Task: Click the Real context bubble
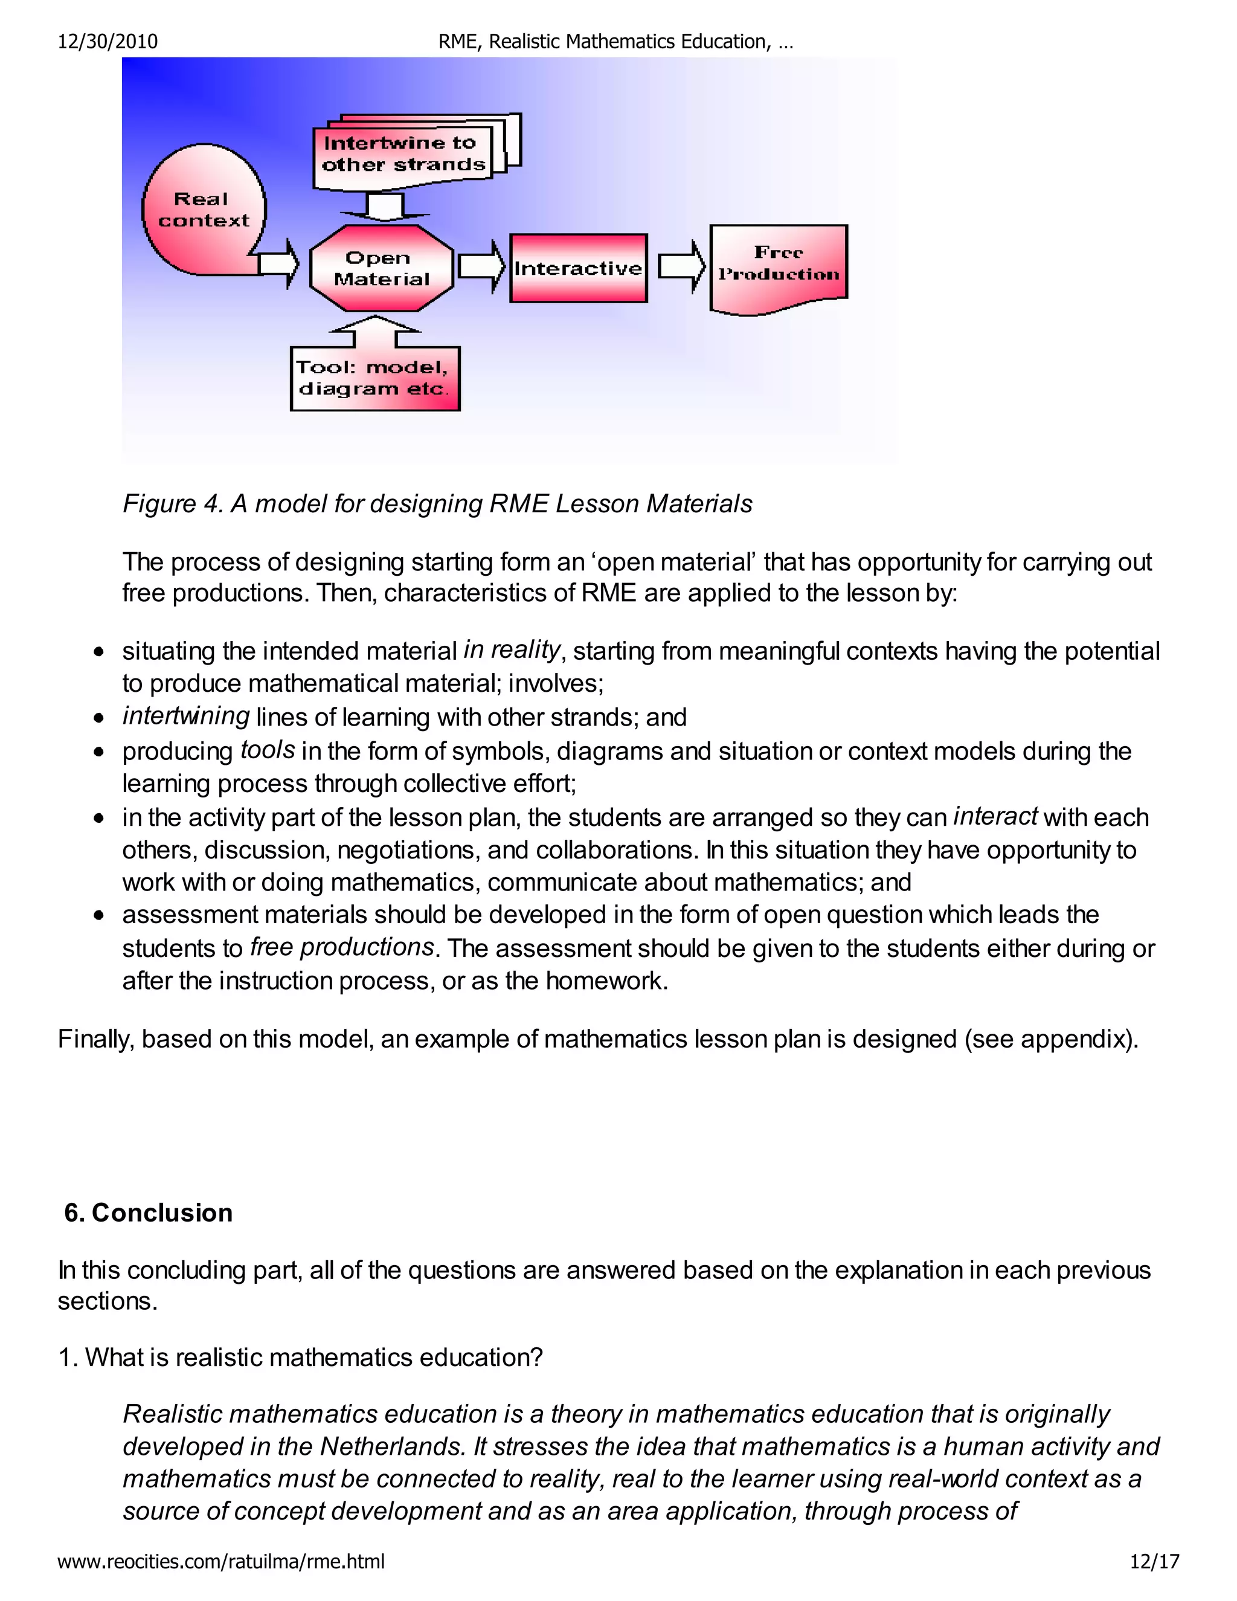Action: [x=203, y=210]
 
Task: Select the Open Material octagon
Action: [x=381, y=268]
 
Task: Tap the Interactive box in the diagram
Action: [x=578, y=268]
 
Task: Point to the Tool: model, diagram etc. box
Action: [x=374, y=378]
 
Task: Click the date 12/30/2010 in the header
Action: [x=108, y=42]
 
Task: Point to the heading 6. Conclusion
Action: [x=148, y=1213]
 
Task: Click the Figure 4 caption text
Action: [x=437, y=504]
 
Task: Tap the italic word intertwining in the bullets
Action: [x=186, y=715]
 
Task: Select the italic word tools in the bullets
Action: [x=268, y=750]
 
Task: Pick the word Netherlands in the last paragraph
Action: [x=392, y=1446]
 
